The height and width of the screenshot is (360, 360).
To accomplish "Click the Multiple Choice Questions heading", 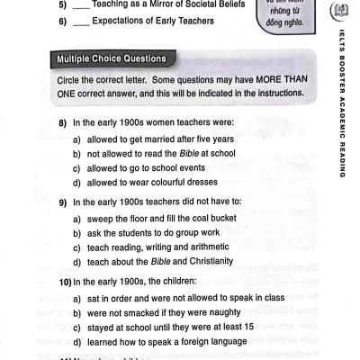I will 112,59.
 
